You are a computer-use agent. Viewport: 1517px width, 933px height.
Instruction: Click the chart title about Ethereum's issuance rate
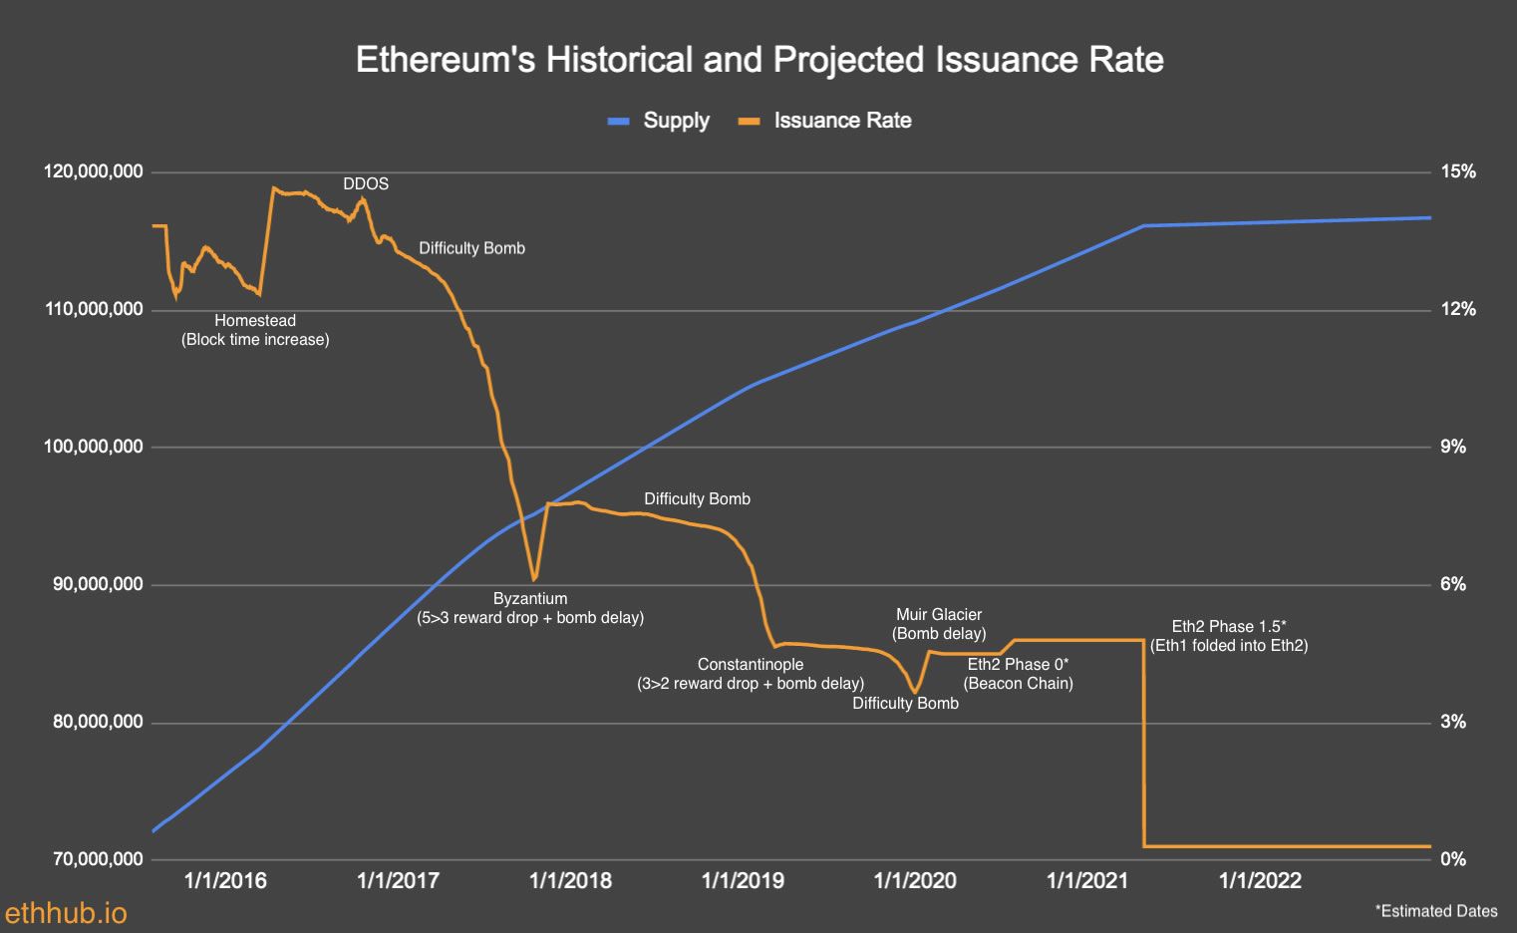[759, 60]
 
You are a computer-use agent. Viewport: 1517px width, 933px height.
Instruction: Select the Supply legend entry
[660, 121]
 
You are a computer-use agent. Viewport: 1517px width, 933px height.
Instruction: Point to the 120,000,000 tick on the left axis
[94, 172]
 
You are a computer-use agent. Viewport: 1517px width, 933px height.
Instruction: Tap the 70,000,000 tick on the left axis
[98, 859]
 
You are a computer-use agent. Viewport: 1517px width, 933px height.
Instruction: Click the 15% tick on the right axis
[1458, 172]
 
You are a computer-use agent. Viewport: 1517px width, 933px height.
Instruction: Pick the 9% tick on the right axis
[1453, 448]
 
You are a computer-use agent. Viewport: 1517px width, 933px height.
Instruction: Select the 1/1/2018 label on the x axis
[570, 881]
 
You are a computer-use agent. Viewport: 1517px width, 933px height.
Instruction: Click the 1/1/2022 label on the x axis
[1261, 881]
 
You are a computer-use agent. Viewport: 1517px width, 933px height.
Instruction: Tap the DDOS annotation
[366, 184]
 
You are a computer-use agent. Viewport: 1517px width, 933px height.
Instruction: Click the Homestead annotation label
[255, 321]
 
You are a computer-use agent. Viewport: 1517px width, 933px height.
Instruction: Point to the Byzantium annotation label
[530, 599]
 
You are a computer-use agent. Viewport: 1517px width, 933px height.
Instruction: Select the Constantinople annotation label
[751, 665]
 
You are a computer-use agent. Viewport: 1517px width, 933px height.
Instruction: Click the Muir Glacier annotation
[939, 615]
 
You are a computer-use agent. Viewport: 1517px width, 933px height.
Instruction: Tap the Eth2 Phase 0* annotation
[1018, 665]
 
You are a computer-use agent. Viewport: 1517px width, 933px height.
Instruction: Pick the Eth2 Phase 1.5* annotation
[1229, 627]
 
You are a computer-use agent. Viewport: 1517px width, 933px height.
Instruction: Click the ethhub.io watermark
[66, 913]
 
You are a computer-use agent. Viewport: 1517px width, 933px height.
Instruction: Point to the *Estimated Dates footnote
[1435, 911]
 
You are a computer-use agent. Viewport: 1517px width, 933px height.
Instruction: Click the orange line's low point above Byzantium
[534, 579]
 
